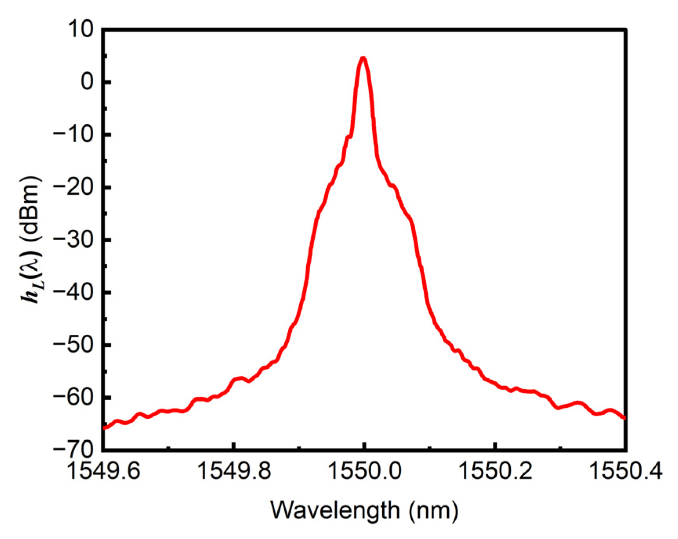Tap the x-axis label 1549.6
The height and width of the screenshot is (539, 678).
pos(103,471)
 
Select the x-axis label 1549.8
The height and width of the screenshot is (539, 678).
pos(234,471)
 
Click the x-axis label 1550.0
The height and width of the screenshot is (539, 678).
pos(364,471)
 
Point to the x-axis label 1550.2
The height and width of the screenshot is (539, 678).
pos(495,471)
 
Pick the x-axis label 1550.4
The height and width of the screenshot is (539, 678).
pos(626,471)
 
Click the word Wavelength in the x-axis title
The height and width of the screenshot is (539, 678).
pos(335,510)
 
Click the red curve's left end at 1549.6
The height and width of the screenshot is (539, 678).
pos(104,428)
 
